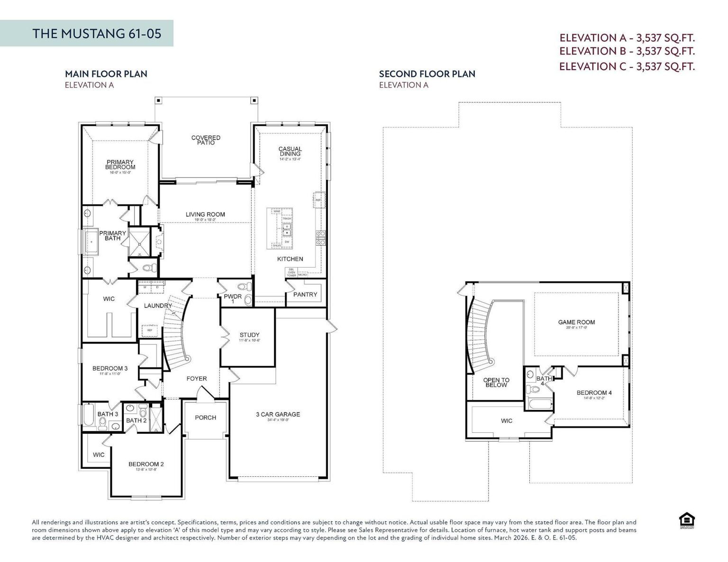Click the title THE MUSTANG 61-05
tap(97, 33)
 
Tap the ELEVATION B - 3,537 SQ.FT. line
tap(627, 51)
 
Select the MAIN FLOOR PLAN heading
tap(106, 74)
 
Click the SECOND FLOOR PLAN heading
tap(427, 74)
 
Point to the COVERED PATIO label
tap(206, 140)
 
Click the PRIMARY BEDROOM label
tap(120, 165)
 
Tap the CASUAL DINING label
tap(290, 152)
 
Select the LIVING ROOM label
tap(205, 214)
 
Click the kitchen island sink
tap(287, 230)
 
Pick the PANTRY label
tap(305, 294)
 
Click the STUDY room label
tap(249, 335)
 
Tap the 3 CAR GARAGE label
tap(278, 415)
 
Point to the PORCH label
tap(205, 418)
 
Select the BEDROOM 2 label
tap(146, 464)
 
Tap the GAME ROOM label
tap(576, 322)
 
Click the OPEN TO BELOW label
tap(496, 383)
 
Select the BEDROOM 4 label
tap(594, 393)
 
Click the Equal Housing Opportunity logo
tap(686, 520)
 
